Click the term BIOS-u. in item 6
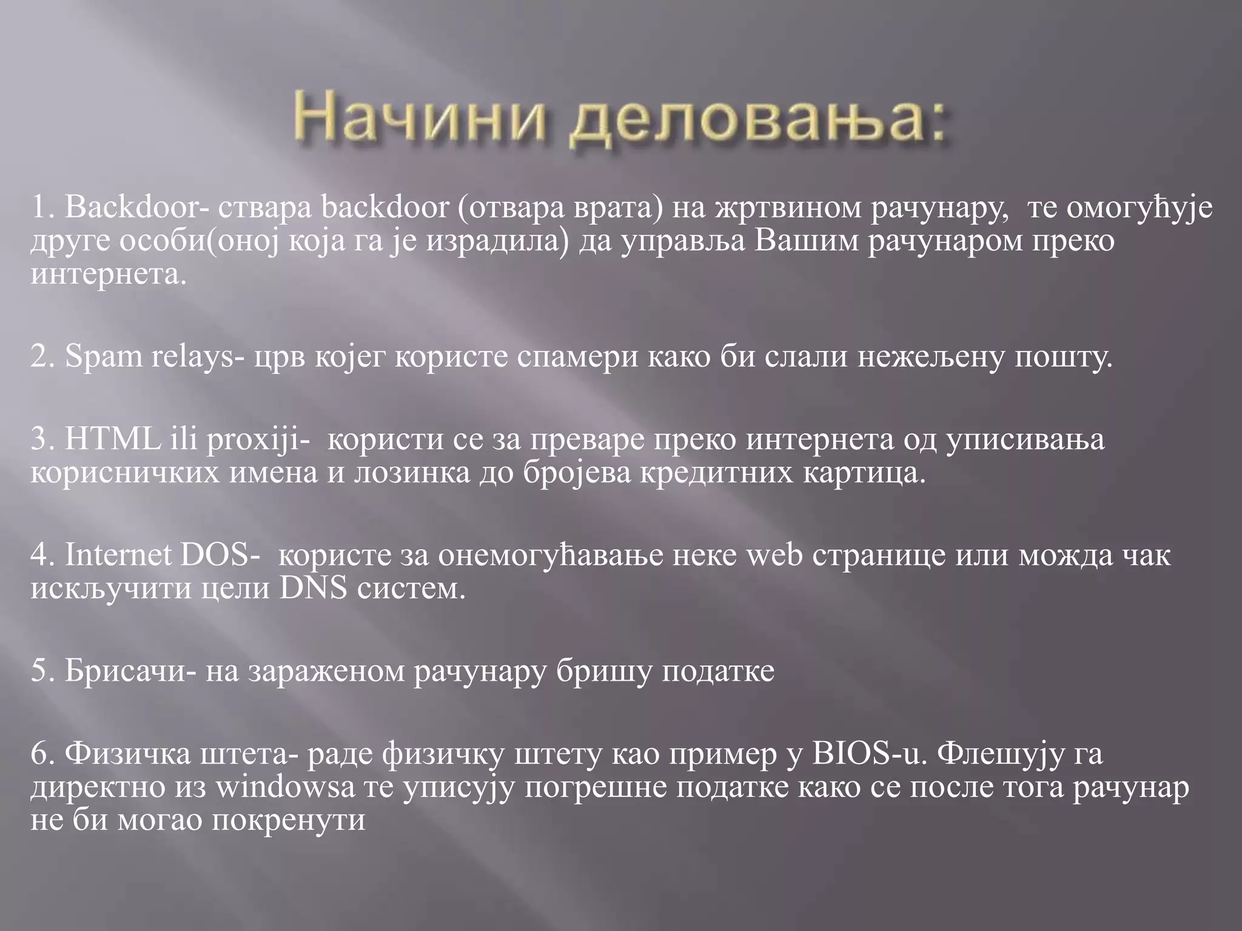[869, 754]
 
